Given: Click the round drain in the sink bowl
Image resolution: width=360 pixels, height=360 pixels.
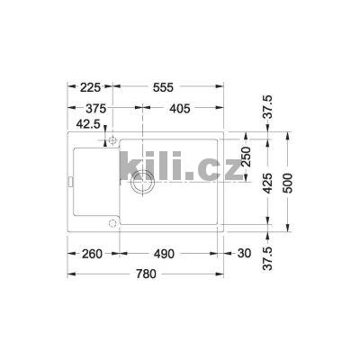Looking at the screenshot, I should [x=141, y=184].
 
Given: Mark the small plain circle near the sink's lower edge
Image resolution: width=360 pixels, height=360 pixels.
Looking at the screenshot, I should [x=112, y=222].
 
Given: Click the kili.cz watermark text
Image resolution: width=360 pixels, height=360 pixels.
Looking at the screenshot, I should [x=180, y=167].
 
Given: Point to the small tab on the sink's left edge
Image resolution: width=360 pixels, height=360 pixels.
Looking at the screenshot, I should [x=70, y=184].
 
